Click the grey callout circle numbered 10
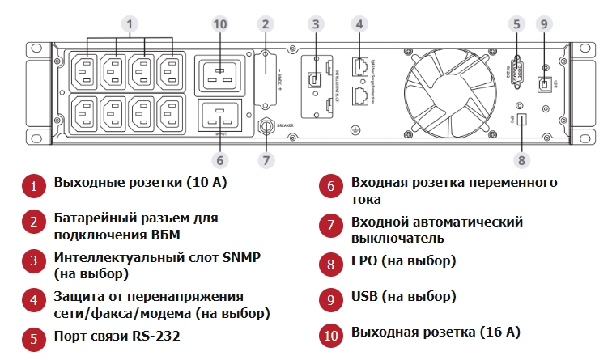[x=219, y=24]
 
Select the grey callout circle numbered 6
[x=219, y=159]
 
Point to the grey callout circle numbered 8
[x=522, y=159]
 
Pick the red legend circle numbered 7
[x=330, y=226]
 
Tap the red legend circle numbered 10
[x=330, y=332]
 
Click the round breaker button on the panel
[x=265, y=126]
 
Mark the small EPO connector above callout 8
[x=522, y=120]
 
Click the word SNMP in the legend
[x=241, y=257]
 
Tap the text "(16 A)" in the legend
[x=498, y=332]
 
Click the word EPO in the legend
[x=363, y=261]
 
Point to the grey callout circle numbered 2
[x=265, y=24]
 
